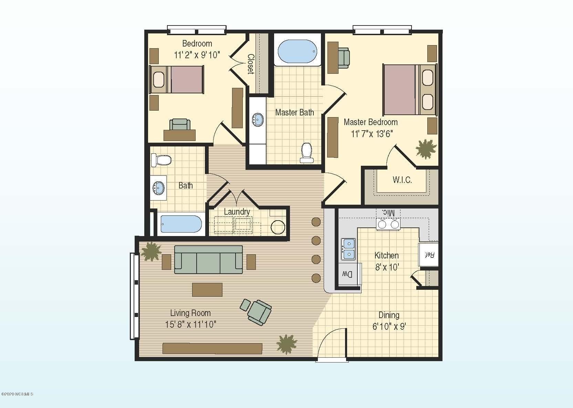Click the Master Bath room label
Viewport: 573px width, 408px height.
pyautogui.click(x=294, y=112)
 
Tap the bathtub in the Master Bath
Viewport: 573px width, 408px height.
pyautogui.click(x=297, y=51)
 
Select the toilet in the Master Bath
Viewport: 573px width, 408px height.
pyautogui.click(x=307, y=153)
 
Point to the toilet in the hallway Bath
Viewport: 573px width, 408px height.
pyautogui.click(x=161, y=160)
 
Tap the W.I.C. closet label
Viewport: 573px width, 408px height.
pyautogui.click(x=402, y=180)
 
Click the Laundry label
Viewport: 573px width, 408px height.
pyautogui.click(x=237, y=212)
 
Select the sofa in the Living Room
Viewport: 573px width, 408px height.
pyautogui.click(x=208, y=259)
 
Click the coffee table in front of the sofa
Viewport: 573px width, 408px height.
pyautogui.click(x=207, y=289)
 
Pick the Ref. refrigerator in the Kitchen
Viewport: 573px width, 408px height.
pyautogui.click(x=428, y=255)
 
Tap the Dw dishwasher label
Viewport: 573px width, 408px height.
pyautogui.click(x=347, y=274)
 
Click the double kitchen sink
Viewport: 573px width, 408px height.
pyautogui.click(x=348, y=249)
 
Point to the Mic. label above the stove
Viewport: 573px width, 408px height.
pyautogui.click(x=388, y=213)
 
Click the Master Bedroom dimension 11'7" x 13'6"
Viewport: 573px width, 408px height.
pyautogui.click(x=372, y=134)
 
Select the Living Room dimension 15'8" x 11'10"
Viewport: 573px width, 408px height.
pyautogui.click(x=190, y=325)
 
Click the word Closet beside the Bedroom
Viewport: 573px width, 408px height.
pyautogui.click(x=251, y=64)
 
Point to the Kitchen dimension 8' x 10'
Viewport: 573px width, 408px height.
pyautogui.click(x=387, y=267)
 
